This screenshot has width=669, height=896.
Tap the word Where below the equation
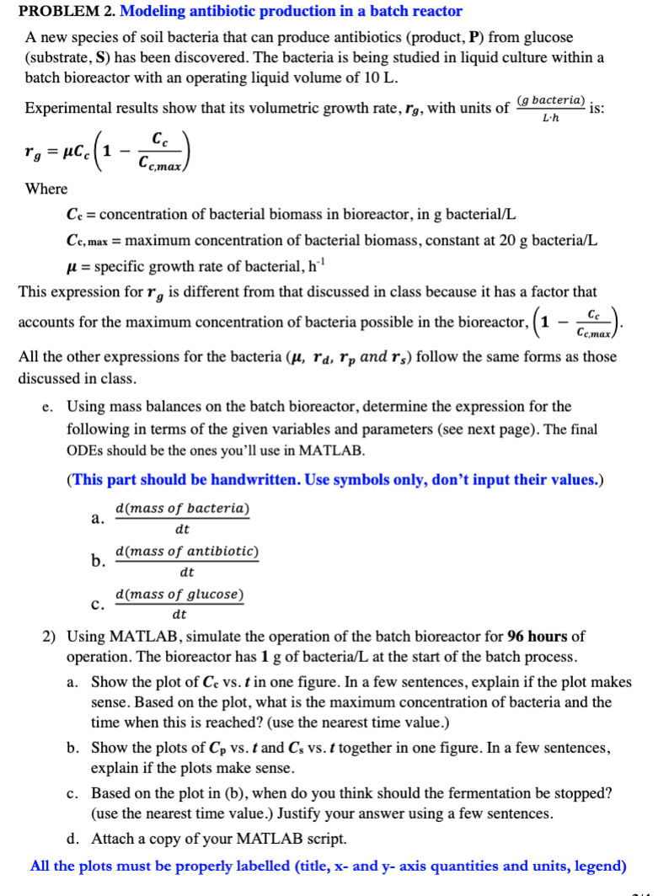coord(46,189)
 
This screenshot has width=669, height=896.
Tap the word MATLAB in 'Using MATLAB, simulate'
coord(142,636)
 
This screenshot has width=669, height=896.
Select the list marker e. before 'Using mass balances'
coord(47,407)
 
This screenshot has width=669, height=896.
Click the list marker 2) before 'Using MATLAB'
coord(51,636)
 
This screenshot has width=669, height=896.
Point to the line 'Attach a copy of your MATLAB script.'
coord(218,840)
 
